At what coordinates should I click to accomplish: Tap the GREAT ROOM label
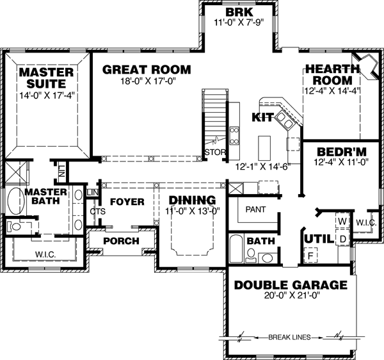point(147,69)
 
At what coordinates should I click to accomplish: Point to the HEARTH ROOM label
point(328,74)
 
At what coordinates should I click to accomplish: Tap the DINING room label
point(193,200)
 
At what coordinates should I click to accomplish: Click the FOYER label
point(127,202)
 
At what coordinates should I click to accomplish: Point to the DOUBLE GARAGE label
point(291,285)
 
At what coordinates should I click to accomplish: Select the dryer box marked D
point(342,239)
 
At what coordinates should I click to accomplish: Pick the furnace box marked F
point(312,256)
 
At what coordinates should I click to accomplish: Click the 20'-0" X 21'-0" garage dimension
point(291,296)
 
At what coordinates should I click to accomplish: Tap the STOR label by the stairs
point(212,152)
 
